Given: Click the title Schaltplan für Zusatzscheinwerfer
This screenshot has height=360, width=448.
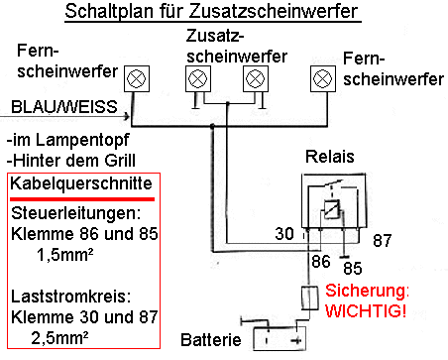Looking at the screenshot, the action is pyautogui.click(x=211, y=11).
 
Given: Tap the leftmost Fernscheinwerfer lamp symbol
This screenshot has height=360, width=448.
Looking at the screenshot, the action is pyautogui.click(x=137, y=78).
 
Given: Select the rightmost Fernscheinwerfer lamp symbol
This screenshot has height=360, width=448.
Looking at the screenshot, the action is pyautogui.click(x=323, y=78).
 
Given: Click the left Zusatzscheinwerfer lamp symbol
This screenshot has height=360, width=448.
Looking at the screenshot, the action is pyautogui.click(x=198, y=78).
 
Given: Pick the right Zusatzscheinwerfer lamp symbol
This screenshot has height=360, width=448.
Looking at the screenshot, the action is pyautogui.click(x=256, y=78).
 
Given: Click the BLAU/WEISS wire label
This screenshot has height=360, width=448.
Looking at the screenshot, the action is pyautogui.click(x=64, y=107).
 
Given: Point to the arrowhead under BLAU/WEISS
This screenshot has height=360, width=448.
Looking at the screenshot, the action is pyautogui.click(x=127, y=116).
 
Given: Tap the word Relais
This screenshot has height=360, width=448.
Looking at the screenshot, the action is pyautogui.click(x=329, y=157).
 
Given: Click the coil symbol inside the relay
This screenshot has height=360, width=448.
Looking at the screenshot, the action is pyautogui.click(x=331, y=209).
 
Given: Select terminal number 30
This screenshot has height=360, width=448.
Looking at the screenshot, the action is pyautogui.click(x=284, y=234).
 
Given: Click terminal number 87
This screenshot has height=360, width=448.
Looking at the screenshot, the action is pyautogui.click(x=382, y=240).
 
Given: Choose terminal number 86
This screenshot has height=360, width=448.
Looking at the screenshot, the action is pyautogui.click(x=321, y=261).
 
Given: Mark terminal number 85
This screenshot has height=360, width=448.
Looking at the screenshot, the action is pyautogui.click(x=353, y=268).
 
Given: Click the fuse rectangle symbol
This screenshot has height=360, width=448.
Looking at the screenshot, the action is pyautogui.click(x=310, y=298).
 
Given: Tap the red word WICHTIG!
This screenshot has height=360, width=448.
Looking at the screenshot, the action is pyautogui.click(x=366, y=310).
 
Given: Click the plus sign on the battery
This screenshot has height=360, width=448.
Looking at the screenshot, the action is pyautogui.click(x=297, y=340).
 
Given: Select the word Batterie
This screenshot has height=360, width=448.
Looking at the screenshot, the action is pyautogui.click(x=211, y=340).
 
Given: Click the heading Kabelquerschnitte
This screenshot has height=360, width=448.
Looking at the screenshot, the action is pyautogui.click(x=81, y=183).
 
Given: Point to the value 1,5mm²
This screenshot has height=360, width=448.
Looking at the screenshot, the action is pyautogui.click(x=64, y=255).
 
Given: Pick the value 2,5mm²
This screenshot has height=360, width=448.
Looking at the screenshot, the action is pyautogui.click(x=59, y=338).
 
